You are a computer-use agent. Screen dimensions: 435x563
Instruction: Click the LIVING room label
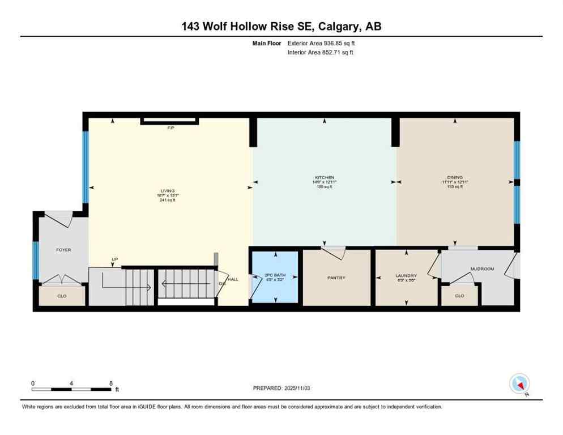167,191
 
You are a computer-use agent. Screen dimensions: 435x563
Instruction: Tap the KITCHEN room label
325,177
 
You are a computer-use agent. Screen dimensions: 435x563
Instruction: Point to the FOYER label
63,250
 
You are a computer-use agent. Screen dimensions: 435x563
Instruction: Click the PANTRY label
336,278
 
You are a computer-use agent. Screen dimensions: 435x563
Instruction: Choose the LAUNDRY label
406,276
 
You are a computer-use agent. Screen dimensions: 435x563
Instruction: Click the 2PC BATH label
275,275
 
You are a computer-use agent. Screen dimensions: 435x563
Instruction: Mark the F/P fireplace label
170,129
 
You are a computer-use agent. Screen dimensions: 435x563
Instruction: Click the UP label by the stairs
114,259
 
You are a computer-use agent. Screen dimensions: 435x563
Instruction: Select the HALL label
233,279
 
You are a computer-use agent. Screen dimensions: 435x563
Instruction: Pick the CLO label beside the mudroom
459,296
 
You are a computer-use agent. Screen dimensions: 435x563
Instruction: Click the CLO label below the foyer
62,296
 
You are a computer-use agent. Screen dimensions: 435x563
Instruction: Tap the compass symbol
519,384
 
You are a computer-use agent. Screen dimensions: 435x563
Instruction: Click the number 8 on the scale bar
110,383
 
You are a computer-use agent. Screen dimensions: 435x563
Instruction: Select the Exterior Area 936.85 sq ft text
322,42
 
